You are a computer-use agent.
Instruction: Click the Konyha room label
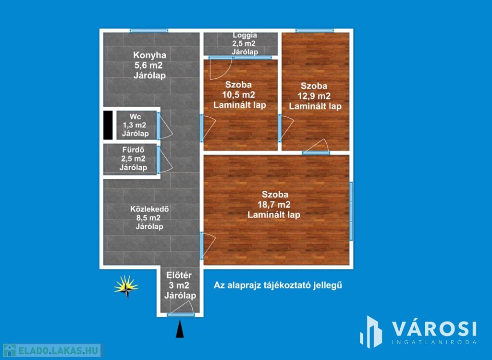pyautogui.click(x=150, y=55)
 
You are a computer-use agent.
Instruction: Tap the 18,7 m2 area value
pyautogui.click(x=274, y=205)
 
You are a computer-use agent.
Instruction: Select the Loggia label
pyautogui.click(x=245, y=36)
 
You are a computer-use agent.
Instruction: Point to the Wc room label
pyautogui.click(x=135, y=117)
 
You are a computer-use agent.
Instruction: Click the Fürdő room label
pyautogui.click(x=134, y=150)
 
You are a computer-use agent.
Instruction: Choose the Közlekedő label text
pyautogui.click(x=150, y=209)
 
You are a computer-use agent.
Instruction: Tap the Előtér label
pyautogui.click(x=179, y=275)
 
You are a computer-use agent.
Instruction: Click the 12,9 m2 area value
pyautogui.click(x=314, y=96)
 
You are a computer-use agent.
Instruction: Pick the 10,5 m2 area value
pyautogui.click(x=239, y=95)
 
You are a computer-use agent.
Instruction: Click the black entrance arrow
pyautogui.click(x=180, y=329)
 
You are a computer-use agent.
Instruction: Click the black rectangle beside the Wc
pyautogui.click(x=108, y=125)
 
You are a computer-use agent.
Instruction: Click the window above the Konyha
pyautogui.click(x=149, y=31)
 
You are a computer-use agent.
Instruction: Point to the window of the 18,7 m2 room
pyautogui.click(x=351, y=211)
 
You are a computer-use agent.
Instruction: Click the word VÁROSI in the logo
pyautogui.click(x=434, y=329)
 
